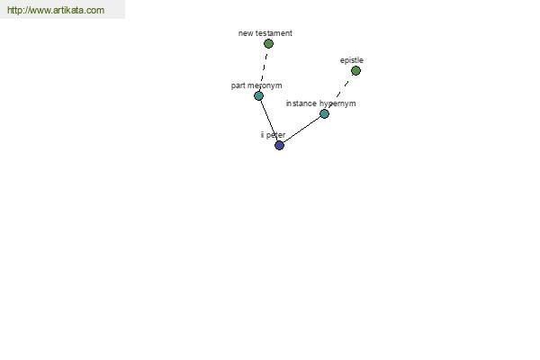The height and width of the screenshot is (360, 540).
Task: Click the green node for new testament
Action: click(268, 44)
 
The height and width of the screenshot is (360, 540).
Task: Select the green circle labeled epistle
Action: click(355, 70)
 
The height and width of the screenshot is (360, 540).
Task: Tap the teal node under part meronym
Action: click(258, 95)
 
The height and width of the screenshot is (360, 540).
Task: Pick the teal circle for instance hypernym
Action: click(324, 113)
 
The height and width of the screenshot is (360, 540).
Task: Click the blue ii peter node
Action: click(279, 146)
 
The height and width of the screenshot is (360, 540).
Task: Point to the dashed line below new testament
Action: click(264, 70)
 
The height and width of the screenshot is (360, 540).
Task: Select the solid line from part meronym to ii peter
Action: click(269, 121)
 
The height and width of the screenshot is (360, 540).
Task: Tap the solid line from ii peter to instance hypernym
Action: click(301, 130)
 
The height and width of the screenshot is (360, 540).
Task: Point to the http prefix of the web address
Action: click(14, 10)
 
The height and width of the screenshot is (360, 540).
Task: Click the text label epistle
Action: click(352, 60)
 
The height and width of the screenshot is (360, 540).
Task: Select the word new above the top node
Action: click(246, 33)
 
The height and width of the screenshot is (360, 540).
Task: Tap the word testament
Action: click(274, 33)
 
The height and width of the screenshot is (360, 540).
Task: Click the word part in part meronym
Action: click(238, 85)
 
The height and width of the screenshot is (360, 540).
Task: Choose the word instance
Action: click(301, 103)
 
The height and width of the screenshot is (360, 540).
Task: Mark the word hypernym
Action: click(337, 103)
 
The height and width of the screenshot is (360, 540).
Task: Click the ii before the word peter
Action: click(262, 135)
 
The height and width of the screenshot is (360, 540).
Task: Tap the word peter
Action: click(275, 135)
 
